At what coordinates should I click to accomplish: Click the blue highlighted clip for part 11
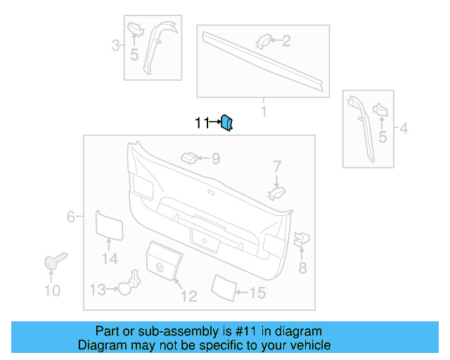227,123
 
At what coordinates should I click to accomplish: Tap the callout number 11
202,124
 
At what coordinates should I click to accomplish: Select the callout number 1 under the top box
264,112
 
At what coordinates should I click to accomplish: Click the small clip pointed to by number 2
263,41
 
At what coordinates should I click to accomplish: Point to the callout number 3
115,47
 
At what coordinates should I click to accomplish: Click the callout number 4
404,129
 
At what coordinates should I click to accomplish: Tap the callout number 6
70,217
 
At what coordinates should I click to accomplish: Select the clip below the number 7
277,191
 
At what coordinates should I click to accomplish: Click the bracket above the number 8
301,240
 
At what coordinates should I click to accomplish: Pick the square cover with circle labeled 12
163,259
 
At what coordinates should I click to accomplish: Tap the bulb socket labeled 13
127,285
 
